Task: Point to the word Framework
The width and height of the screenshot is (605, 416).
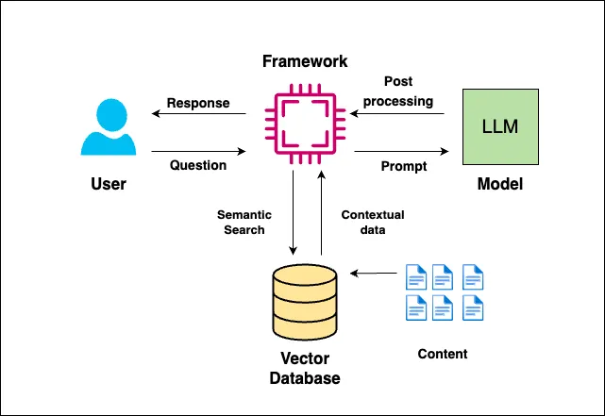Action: point(304,61)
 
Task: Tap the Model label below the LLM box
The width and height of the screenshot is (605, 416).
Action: point(499,184)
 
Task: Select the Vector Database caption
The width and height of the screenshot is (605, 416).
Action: point(304,369)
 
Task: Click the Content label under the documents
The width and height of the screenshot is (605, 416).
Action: point(443,355)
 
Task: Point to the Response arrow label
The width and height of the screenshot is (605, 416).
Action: point(197,102)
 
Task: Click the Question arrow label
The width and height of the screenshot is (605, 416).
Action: point(198,165)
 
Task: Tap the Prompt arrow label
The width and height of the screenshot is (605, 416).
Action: point(404,166)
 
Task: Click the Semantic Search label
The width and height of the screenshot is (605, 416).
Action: point(241,222)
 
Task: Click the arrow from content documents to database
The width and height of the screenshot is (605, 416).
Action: point(373,275)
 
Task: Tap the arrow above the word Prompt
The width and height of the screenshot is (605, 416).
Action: point(401,149)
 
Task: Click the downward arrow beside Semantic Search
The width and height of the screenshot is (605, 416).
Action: point(294,216)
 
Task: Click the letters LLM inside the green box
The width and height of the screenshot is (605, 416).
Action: point(499,125)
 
